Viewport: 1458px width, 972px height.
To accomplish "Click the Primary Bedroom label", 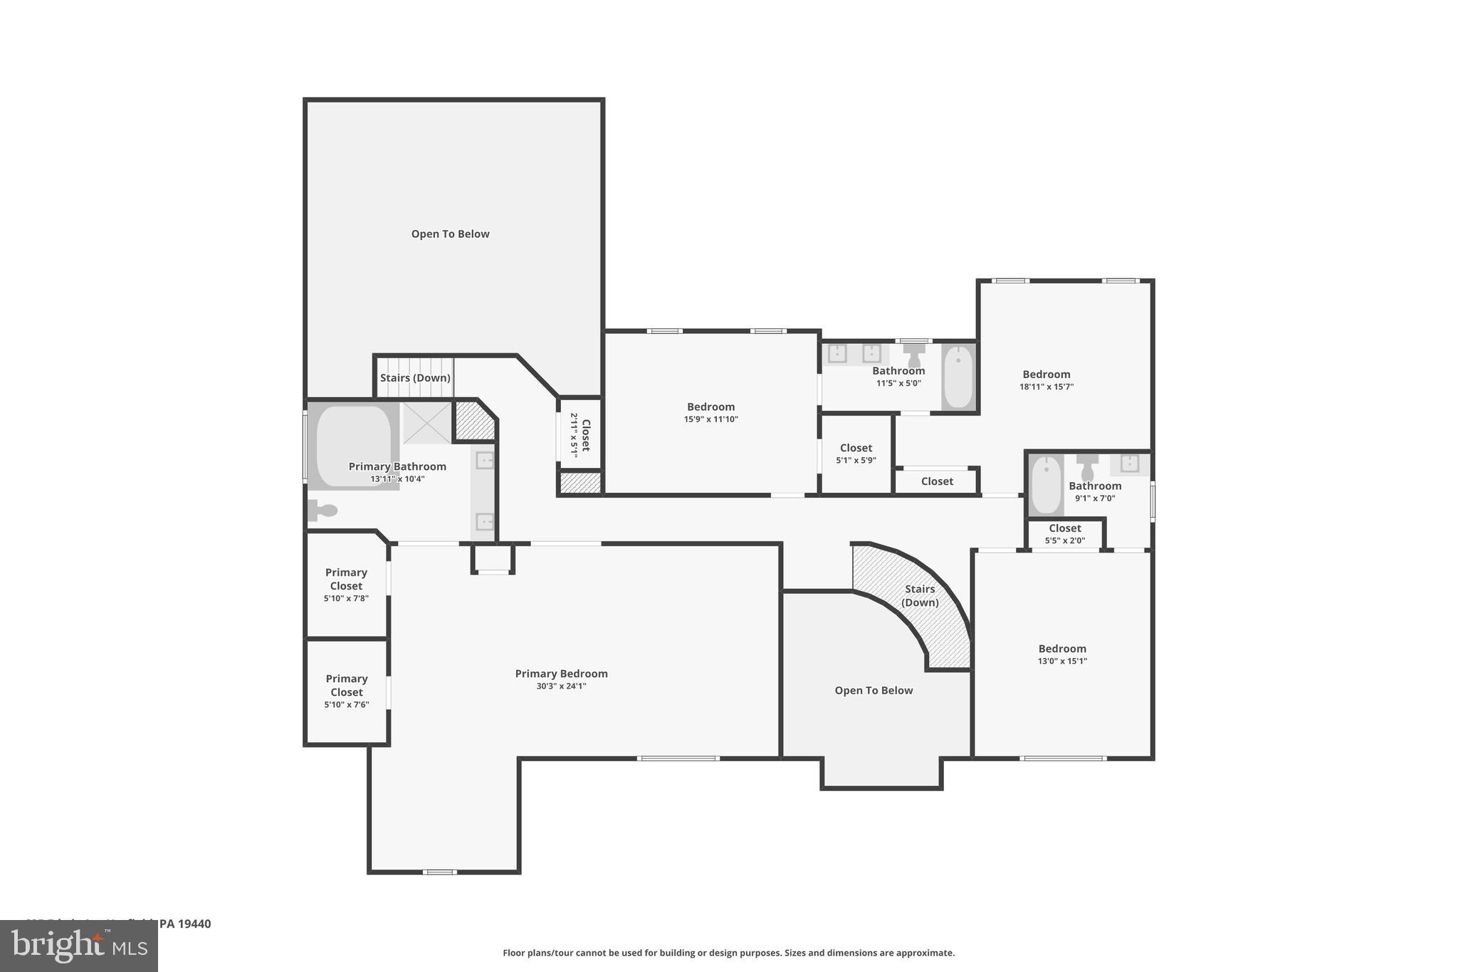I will click(561, 674).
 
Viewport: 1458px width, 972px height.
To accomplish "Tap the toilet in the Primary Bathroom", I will click(323, 510).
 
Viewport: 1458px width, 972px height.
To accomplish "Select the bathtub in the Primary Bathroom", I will click(353, 445).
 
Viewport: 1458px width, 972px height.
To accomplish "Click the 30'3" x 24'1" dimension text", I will click(561, 686).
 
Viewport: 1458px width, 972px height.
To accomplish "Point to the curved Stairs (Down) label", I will click(920, 595).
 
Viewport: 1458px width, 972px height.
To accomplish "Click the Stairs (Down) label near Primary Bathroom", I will click(415, 378).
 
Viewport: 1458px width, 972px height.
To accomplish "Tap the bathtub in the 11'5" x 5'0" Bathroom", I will click(958, 377).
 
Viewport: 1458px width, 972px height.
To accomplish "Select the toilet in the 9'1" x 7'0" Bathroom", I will click(1087, 468).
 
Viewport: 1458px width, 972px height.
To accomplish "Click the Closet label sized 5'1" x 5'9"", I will click(856, 448).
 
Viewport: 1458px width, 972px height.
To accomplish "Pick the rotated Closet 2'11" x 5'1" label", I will click(580, 435).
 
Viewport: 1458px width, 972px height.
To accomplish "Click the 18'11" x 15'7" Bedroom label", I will click(1046, 375).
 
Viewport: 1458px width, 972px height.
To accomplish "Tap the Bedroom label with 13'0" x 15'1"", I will click(1061, 649).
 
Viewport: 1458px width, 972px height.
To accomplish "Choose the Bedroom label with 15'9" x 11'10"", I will click(710, 407).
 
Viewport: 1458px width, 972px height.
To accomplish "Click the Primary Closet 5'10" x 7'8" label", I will click(346, 579).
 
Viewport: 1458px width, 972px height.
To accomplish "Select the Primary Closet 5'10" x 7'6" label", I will click(346, 685).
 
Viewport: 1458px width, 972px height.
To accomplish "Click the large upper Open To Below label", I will click(450, 234).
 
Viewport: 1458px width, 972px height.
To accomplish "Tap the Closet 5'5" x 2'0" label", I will click(1064, 528).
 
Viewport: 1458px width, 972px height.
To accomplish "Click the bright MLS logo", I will click(79, 946).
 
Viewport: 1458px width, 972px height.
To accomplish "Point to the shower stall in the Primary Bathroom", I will click(426, 423).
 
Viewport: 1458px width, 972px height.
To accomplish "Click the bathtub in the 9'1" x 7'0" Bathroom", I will click(1046, 486).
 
